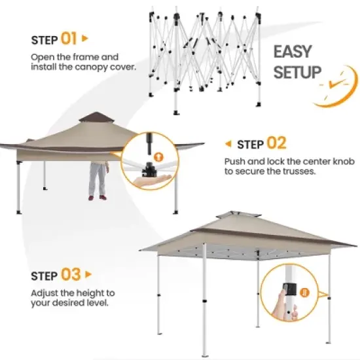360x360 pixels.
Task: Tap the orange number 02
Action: pos(276,143)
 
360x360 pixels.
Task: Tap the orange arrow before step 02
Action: pos(228,143)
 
